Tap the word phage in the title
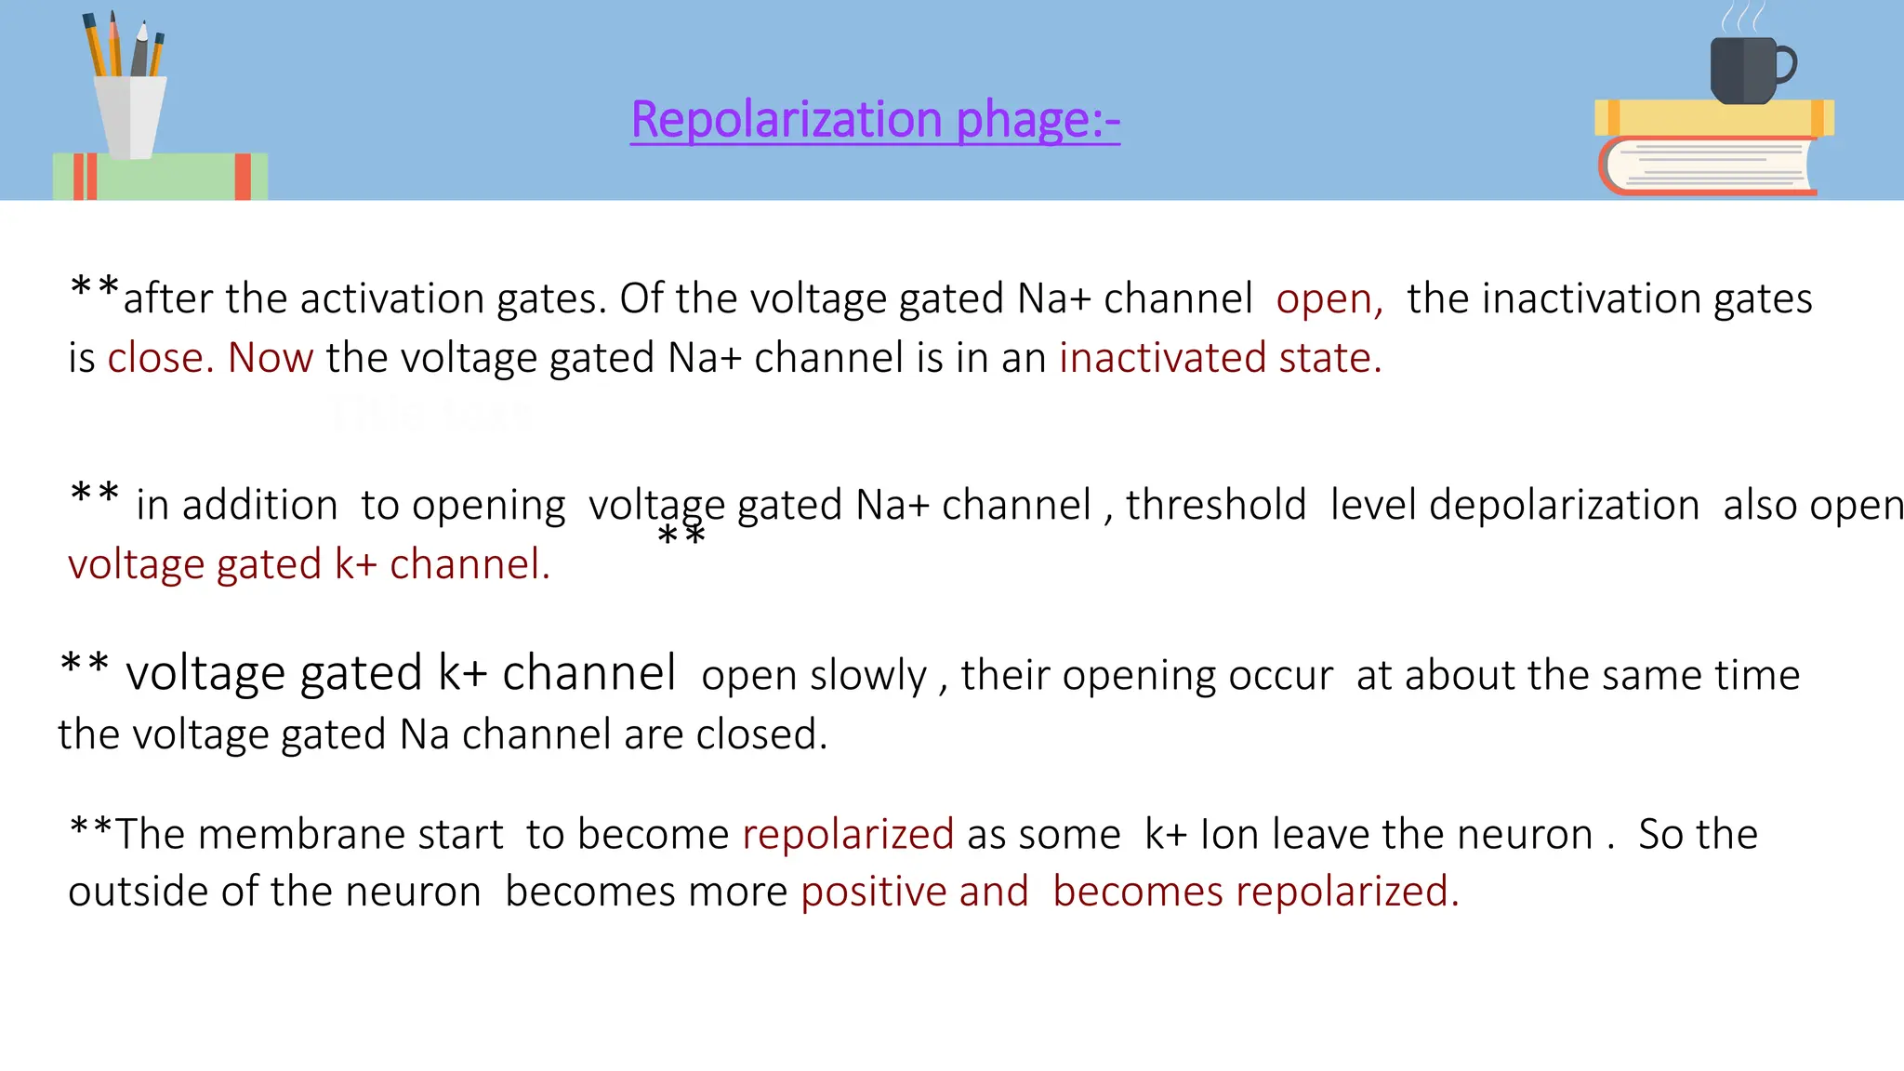pyautogui.click(x=1024, y=121)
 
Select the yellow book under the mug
pyautogui.click(x=1713, y=117)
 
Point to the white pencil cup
pyautogui.click(x=132, y=116)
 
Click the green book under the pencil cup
pyautogui.click(x=160, y=176)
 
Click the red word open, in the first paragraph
pyautogui.click(x=1329, y=299)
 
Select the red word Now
pyautogui.click(x=271, y=358)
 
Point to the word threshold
pyautogui.click(x=1216, y=505)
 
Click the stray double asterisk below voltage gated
pyautogui.click(x=681, y=536)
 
